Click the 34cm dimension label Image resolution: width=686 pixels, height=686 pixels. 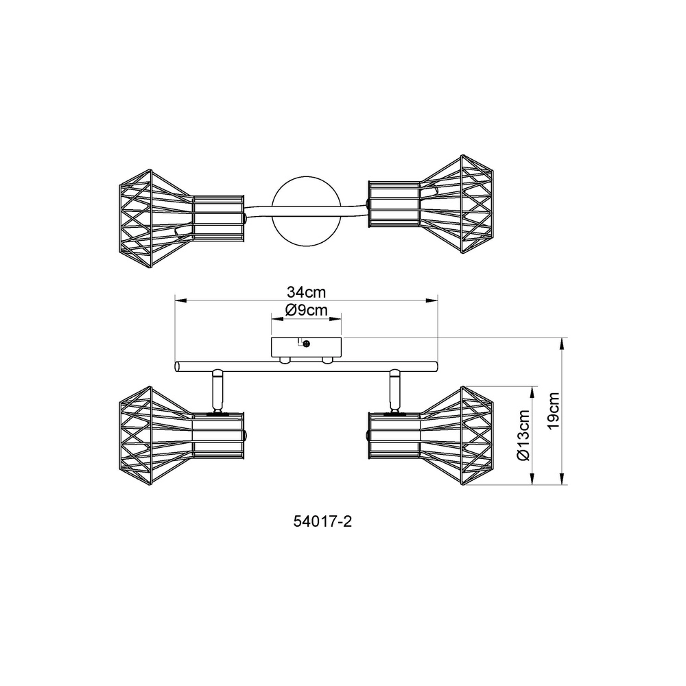tap(306, 292)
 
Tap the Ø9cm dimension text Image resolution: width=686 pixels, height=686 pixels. tap(306, 310)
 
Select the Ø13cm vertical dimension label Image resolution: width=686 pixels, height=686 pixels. tap(523, 436)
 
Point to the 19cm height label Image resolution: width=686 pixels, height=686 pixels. tap(554, 411)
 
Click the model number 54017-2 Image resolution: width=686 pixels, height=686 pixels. tap(322, 521)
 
